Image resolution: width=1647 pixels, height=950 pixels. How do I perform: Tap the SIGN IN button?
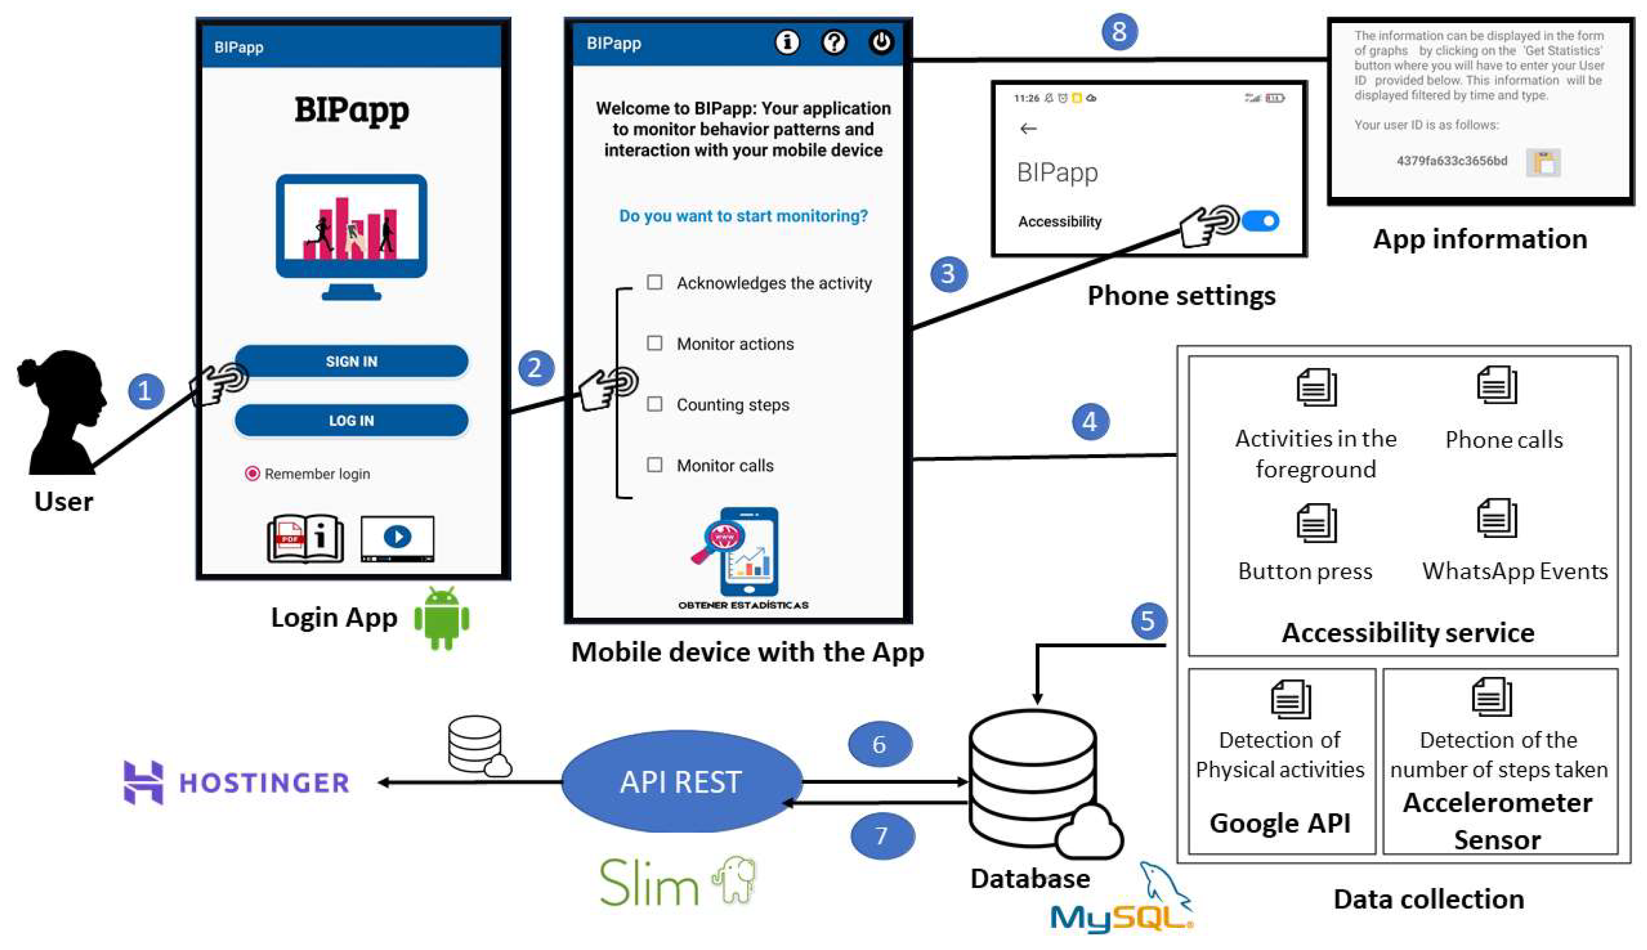click(351, 361)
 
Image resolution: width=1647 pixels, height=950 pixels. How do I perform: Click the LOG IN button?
click(351, 420)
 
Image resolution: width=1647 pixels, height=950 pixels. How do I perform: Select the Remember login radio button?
click(252, 473)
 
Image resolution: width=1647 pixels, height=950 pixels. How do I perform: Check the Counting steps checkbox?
click(654, 404)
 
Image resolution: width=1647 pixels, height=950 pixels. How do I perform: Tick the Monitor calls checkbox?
click(654, 465)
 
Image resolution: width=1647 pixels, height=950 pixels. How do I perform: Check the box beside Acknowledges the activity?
click(654, 282)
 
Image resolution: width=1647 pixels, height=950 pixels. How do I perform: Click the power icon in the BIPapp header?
click(881, 43)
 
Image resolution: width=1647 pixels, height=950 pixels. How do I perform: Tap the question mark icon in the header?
click(834, 43)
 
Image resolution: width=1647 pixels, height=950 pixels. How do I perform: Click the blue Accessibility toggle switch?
click(1260, 221)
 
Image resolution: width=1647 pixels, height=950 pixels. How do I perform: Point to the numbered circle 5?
click(1148, 621)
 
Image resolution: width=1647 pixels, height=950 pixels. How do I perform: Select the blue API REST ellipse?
click(681, 781)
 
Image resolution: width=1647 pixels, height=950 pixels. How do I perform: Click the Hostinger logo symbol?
click(144, 782)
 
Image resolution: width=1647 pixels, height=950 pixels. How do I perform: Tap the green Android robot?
click(442, 617)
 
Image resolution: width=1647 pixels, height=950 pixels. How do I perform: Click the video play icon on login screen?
click(398, 537)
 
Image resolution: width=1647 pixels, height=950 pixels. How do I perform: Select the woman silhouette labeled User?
click(64, 411)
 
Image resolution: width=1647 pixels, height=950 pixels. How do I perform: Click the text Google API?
click(1279, 823)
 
